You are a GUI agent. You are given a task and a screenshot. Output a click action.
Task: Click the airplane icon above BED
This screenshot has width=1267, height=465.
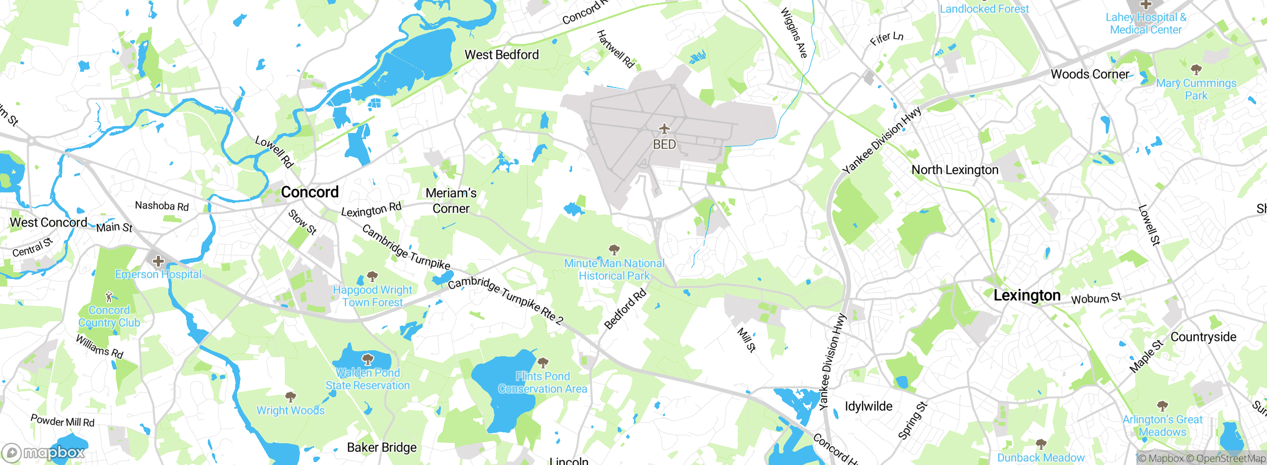(x=664, y=129)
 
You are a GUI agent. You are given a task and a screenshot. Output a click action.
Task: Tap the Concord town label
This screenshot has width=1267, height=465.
(x=310, y=192)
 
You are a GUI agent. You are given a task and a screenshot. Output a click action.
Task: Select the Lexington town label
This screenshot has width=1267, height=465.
(x=1027, y=296)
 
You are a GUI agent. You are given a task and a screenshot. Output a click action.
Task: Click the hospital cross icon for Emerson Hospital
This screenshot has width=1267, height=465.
(x=158, y=261)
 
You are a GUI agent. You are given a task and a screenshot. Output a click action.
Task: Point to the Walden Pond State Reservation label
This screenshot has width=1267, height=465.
(x=368, y=379)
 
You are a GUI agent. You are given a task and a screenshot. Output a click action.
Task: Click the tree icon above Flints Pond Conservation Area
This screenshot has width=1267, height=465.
(x=543, y=363)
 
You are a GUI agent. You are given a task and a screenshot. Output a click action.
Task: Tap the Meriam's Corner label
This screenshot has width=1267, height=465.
(x=451, y=200)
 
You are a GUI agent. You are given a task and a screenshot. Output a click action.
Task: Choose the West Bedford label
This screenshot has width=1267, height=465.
(x=501, y=55)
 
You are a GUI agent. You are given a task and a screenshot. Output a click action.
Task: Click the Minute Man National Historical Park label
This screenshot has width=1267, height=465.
(x=614, y=270)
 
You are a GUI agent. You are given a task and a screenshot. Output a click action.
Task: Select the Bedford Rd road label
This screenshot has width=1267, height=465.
(x=626, y=309)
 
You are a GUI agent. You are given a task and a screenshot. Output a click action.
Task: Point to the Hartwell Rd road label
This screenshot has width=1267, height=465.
(x=615, y=48)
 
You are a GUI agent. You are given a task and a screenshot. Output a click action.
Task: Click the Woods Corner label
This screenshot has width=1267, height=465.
(x=1090, y=74)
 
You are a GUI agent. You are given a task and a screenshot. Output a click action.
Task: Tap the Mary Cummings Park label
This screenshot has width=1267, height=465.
(x=1196, y=90)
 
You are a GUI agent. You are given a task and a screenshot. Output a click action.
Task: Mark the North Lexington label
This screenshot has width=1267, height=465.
(x=955, y=170)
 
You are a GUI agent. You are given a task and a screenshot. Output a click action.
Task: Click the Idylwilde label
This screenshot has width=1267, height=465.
(x=869, y=407)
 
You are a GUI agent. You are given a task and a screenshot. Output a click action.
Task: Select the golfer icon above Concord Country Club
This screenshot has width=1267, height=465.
(x=109, y=297)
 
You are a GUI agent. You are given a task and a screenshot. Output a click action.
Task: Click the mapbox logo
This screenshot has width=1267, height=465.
(x=44, y=452)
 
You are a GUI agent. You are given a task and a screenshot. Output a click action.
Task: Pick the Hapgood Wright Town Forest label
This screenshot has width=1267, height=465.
(x=372, y=296)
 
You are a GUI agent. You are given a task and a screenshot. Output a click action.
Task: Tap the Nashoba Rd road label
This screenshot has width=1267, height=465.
(x=162, y=206)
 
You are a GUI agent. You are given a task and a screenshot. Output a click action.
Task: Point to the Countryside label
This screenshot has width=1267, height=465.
(x=1203, y=337)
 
